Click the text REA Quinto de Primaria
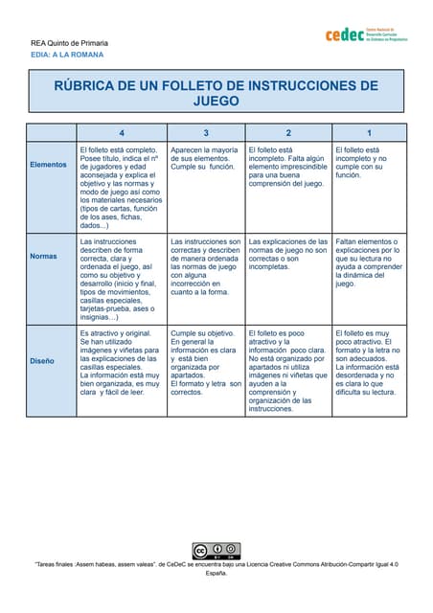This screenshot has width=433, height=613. pos(69,43)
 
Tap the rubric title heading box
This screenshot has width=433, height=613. pos(216,92)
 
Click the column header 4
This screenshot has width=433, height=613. pos(121,132)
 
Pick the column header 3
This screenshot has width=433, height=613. pos(205,132)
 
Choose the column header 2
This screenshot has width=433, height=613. pos(288,132)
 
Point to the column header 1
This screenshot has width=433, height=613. pos(370,132)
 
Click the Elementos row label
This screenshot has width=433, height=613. pos(49,164)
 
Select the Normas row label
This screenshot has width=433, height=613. pos(43,256)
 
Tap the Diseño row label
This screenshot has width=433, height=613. pos(42,361)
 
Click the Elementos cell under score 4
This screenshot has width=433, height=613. pos(121,187)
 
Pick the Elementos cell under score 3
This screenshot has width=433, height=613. pos(205,158)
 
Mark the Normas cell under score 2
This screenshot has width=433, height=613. pos(288,254)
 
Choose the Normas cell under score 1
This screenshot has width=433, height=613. pos(370,262)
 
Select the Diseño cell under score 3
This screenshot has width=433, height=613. pos(205,362)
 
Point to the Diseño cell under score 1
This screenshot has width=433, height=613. pos(370,362)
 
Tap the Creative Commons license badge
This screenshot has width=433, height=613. pos(216,551)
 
